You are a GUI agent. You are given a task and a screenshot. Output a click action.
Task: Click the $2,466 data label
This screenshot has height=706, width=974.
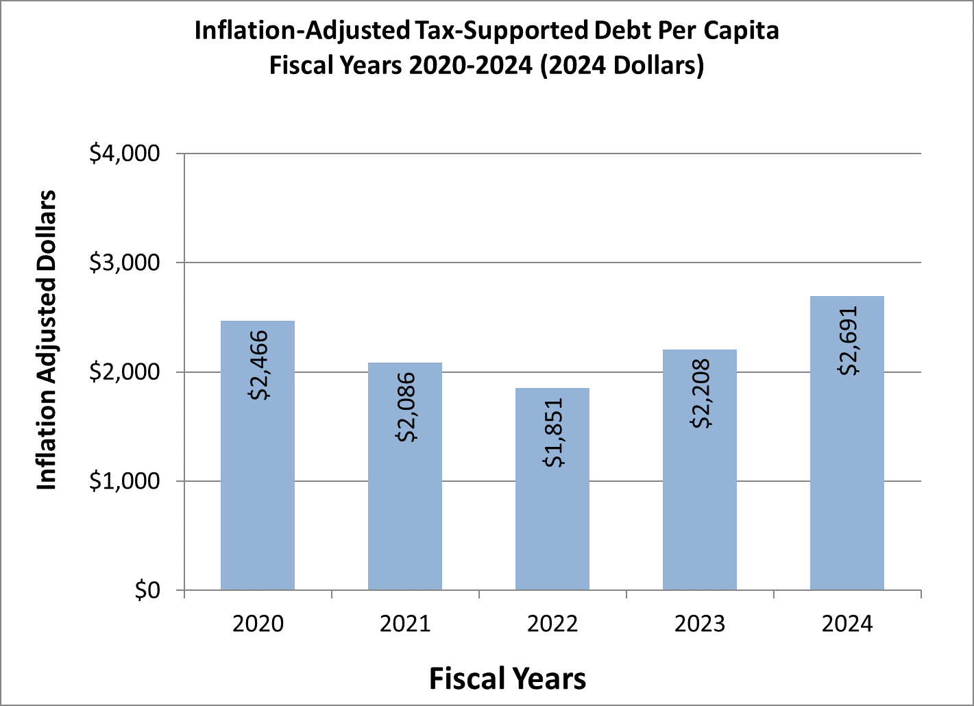click(x=258, y=365)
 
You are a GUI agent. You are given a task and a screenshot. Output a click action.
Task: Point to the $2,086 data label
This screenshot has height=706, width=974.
click(x=406, y=407)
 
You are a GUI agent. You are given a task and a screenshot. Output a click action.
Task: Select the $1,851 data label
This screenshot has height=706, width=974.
click(x=553, y=433)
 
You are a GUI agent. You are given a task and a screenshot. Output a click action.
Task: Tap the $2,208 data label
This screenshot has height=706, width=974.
click(x=701, y=393)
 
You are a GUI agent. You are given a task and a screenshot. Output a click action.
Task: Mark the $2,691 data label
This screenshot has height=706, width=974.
click(x=848, y=341)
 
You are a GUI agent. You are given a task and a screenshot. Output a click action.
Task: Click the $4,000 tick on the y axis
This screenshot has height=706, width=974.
click(x=125, y=154)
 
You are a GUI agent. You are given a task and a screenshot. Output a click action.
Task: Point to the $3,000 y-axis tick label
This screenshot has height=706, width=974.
click(x=125, y=263)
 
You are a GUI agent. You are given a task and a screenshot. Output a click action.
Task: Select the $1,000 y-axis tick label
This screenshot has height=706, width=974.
click(x=125, y=481)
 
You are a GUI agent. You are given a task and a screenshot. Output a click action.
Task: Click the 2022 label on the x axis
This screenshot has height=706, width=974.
click(x=552, y=624)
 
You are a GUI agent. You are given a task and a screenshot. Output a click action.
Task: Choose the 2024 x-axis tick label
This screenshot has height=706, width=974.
click(x=847, y=624)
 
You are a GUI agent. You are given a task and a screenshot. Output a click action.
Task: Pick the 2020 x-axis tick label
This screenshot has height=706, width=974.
click(x=257, y=624)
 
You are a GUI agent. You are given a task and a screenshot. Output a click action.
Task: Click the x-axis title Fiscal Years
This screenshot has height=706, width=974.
click(x=507, y=678)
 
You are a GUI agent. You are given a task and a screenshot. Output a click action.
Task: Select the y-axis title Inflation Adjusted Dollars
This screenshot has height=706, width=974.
click(x=46, y=340)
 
